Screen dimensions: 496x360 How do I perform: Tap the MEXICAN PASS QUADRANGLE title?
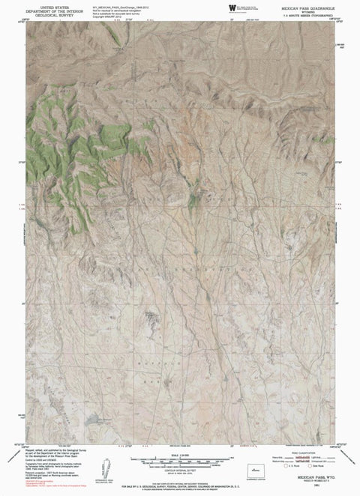(307, 5)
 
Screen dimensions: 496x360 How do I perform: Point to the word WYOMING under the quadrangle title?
(307, 10)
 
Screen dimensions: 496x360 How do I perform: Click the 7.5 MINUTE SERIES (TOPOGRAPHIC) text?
(307, 14)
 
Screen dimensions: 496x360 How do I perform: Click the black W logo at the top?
(228, 7)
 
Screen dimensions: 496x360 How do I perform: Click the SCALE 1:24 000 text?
(180, 454)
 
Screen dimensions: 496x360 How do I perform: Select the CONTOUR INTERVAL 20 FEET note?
(180, 468)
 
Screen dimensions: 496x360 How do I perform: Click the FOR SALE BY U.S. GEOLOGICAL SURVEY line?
(180, 487)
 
